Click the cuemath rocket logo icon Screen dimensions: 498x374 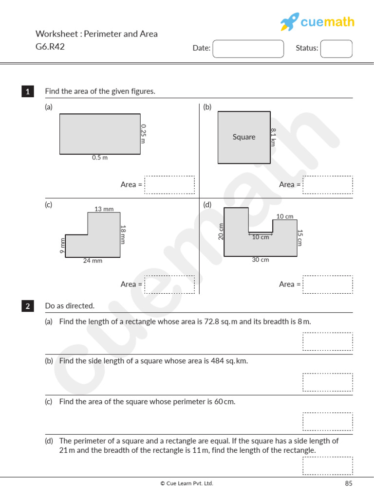tap(289, 22)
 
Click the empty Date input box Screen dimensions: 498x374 tap(248, 49)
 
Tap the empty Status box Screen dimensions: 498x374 tap(336, 49)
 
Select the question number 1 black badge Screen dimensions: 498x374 tap(28, 91)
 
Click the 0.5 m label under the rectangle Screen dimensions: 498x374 tap(100, 158)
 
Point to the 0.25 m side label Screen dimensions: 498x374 tap(143, 133)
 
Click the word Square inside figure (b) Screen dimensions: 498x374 tap(244, 137)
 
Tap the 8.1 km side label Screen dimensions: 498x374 tap(273, 137)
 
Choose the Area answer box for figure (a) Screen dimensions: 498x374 tap(169, 185)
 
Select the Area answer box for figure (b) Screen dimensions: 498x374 tap(328, 185)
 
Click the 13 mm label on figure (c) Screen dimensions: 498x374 tap(104, 209)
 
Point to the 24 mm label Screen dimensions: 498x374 tap(93, 261)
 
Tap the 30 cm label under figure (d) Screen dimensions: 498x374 tap(261, 260)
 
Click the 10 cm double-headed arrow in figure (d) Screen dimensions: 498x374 tap(261, 233)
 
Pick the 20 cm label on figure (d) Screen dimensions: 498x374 tap(221, 231)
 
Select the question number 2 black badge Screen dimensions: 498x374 tap(28, 306)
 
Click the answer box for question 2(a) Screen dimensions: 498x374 tap(328, 341)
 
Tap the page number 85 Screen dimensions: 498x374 tap(348, 483)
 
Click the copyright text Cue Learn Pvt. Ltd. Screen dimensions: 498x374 tap(187, 483)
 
